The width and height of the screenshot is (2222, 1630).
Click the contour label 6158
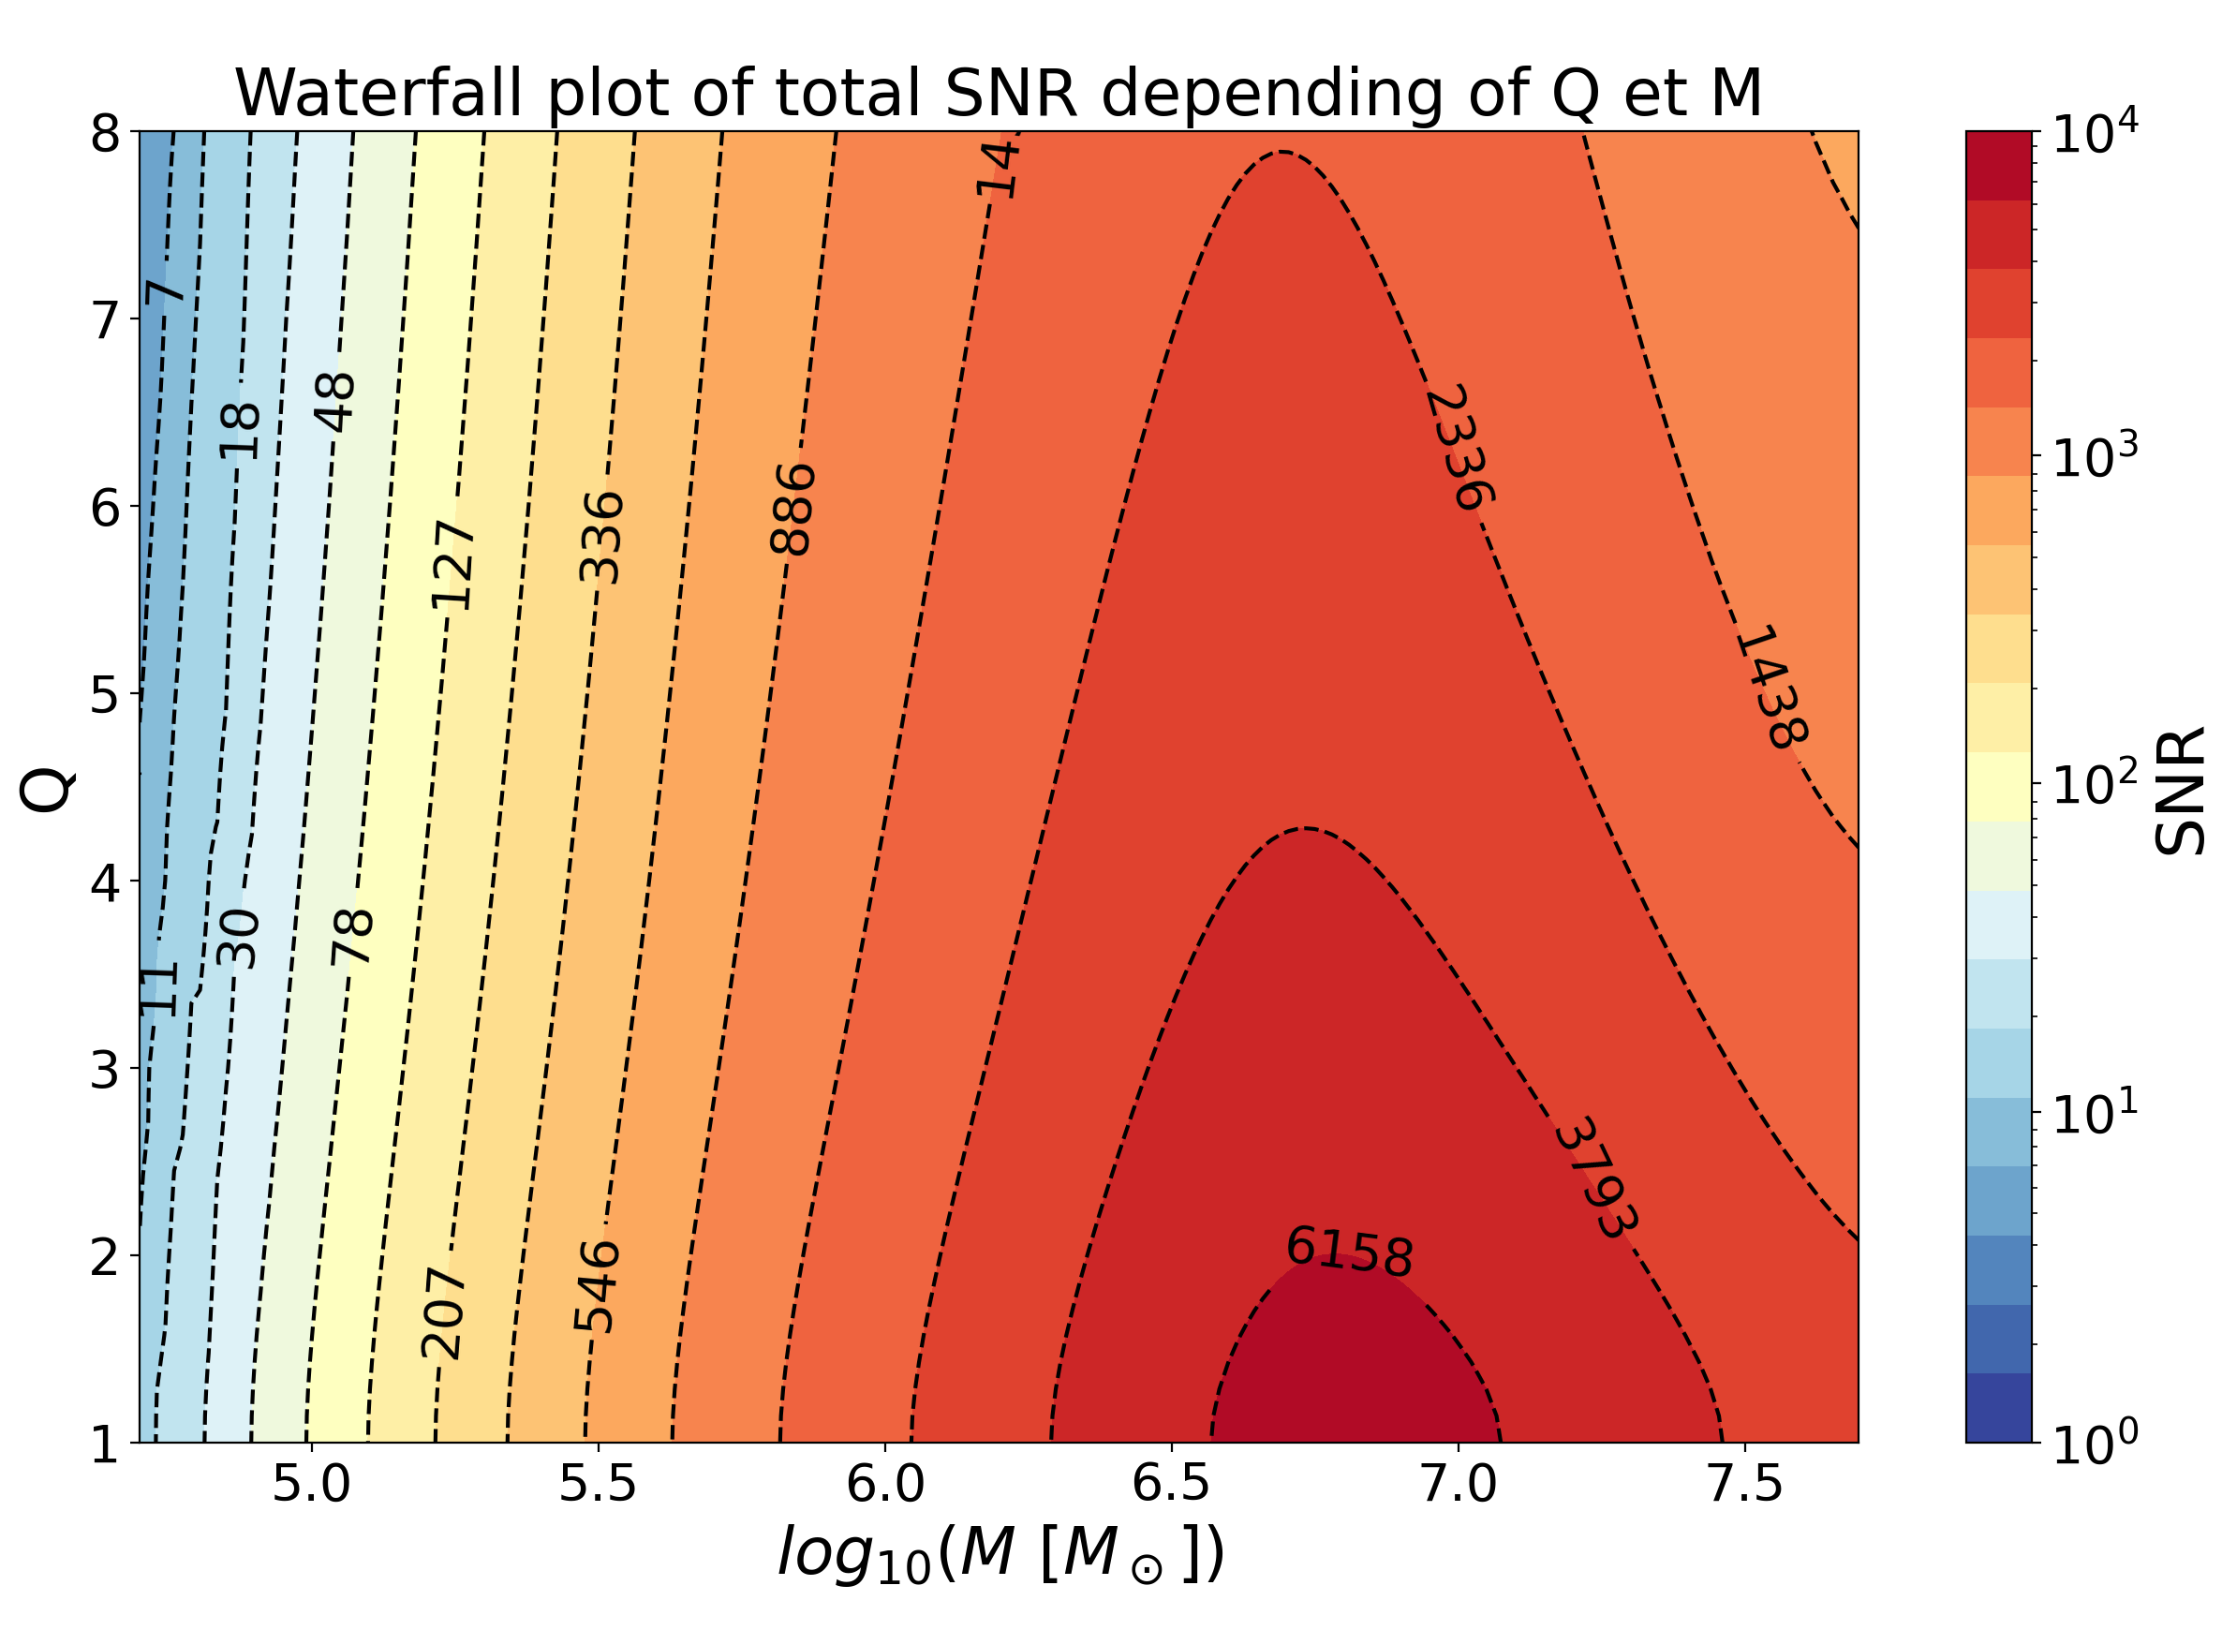point(1349,1252)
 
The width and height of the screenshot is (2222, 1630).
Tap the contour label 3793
point(1594,1178)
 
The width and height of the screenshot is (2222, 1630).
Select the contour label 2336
point(1459,447)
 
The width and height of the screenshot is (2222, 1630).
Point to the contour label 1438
point(1771,686)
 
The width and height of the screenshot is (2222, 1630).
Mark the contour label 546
point(596,1286)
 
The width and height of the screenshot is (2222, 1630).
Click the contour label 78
point(351,937)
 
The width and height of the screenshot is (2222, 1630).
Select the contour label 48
point(334,403)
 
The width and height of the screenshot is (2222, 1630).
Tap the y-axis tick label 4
point(105,883)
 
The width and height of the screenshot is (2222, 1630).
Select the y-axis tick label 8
point(105,133)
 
